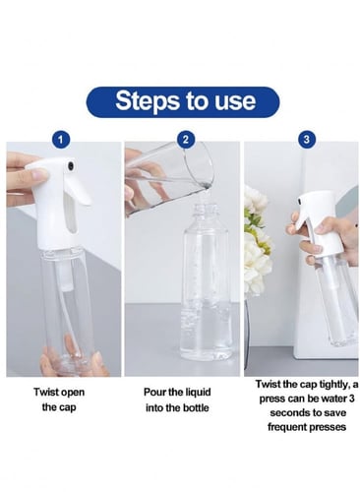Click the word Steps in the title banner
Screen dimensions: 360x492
pyautogui.click(x=149, y=101)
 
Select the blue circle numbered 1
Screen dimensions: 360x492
pyautogui.click(x=61, y=140)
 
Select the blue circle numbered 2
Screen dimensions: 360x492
pyautogui.click(x=185, y=140)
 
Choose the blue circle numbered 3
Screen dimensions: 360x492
pyautogui.click(x=306, y=140)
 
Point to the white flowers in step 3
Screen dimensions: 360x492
pyautogui.click(x=258, y=243)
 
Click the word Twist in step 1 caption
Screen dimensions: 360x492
pyautogui.click(x=45, y=392)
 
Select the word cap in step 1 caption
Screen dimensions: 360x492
pyautogui.click(x=68, y=408)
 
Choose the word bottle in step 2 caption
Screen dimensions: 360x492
pyautogui.click(x=195, y=408)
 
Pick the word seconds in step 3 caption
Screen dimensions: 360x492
pyautogui.click(x=288, y=412)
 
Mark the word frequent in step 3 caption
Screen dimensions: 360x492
pyautogui.click(x=285, y=427)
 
